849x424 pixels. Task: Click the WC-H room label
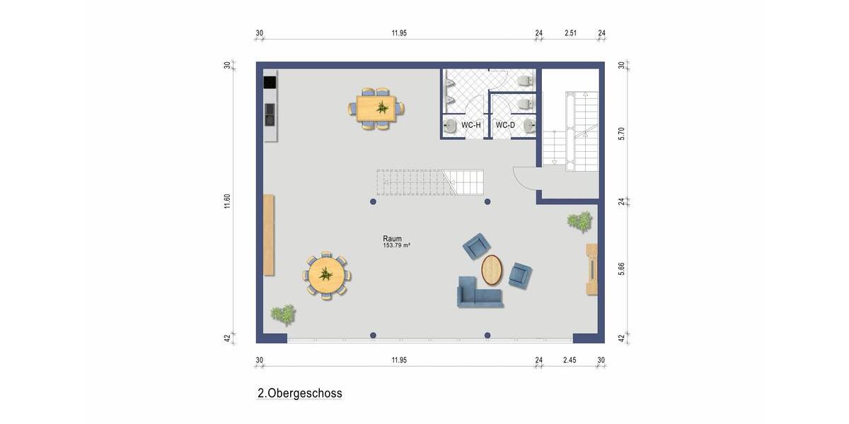471,125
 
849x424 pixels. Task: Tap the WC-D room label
505,125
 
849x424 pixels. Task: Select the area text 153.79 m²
397,246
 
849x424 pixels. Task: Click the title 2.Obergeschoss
300,393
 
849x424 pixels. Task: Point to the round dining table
326,275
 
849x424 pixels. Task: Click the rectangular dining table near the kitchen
376,108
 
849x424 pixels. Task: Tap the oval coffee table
492,269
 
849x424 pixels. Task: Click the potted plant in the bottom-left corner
284,314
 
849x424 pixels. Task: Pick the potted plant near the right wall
580,221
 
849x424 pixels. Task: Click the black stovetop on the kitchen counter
270,82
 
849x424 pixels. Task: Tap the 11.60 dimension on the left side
227,201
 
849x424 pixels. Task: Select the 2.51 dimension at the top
570,33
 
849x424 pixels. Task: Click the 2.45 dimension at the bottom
570,360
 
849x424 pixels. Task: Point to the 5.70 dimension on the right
621,133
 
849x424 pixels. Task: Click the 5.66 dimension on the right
621,269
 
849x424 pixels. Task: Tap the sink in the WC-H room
450,125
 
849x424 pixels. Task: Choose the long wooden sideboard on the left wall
269,235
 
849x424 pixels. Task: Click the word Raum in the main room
392,239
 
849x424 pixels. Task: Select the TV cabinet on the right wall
592,269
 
